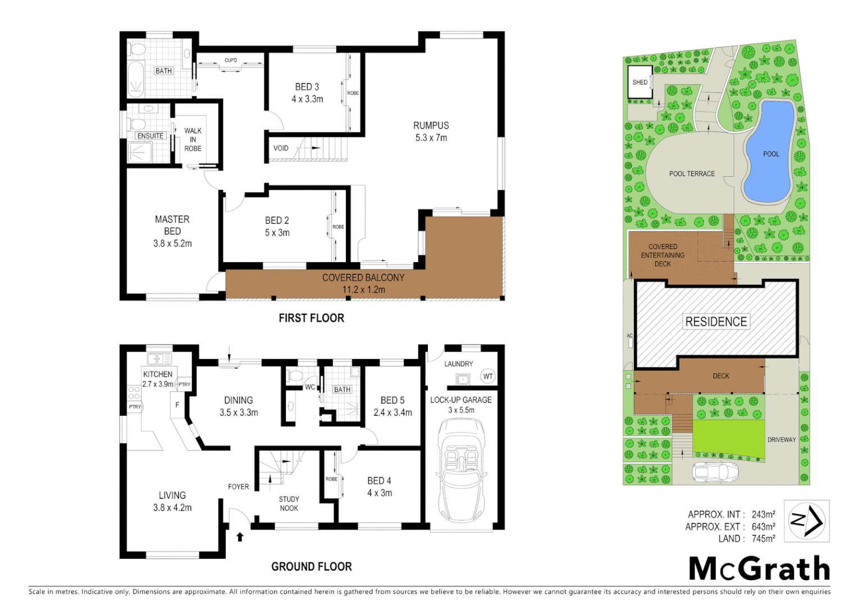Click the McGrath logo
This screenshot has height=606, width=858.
pyautogui.click(x=759, y=569)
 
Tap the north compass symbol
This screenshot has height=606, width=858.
pyautogui.click(x=806, y=521)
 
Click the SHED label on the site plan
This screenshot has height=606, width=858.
pyautogui.click(x=640, y=82)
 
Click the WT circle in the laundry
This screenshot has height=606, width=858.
pyautogui.click(x=487, y=377)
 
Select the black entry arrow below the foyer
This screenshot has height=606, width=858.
pyautogui.click(x=240, y=537)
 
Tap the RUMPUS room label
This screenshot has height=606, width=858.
pyautogui.click(x=431, y=126)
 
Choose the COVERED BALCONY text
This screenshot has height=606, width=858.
pyautogui.click(x=363, y=278)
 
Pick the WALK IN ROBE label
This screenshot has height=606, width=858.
pyautogui.click(x=193, y=140)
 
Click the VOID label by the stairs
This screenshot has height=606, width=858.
pyautogui.click(x=281, y=149)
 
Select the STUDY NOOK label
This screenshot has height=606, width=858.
pyautogui.click(x=289, y=504)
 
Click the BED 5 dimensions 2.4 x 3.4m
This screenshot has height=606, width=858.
pyautogui.click(x=393, y=412)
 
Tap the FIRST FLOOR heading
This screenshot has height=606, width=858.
pyautogui.click(x=311, y=318)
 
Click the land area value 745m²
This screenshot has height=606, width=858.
pyautogui.click(x=763, y=539)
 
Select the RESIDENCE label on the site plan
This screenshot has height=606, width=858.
pyautogui.click(x=716, y=322)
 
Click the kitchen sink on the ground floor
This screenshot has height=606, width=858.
pyautogui.click(x=159, y=359)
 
